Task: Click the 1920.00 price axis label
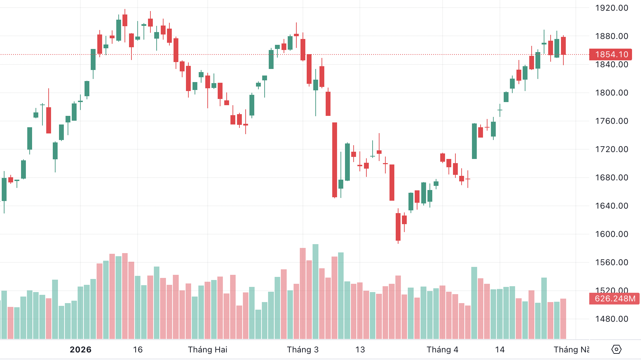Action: (611, 8)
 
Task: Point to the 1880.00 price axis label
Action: (611, 36)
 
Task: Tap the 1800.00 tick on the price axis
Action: (611, 93)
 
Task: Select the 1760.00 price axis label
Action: (611, 121)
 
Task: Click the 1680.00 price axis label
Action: (611, 178)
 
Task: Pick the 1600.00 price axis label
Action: (611, 234)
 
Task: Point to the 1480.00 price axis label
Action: (611, 319)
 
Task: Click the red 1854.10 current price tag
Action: (611, 54)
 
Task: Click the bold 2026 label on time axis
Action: (80, 350)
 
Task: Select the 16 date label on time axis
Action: (138, 350)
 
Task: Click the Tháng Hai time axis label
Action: (208, 350)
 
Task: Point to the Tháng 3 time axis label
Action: (303, 350)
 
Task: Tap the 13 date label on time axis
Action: (360, 350)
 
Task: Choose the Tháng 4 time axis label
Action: (442, 350)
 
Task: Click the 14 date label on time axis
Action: (500, 350)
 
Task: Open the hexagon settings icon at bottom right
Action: (616, 349)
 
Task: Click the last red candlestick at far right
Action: (563, 46)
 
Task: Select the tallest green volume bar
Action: (315, 291)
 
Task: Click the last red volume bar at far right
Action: (563, 319)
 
